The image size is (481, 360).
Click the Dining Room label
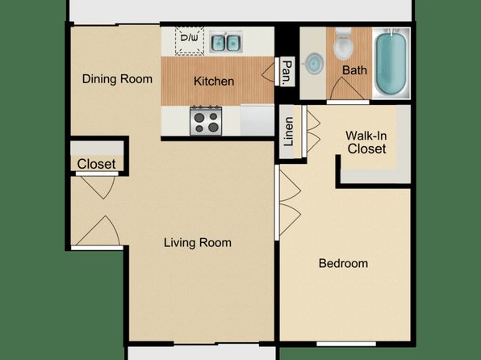pyautogui.click(x=117, y=79)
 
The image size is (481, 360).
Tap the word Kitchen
pyautogui.click(x=214, y=81)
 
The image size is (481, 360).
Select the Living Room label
pyautogui.click(x=198, y=242)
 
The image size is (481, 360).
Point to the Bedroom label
pyautogui.click(x=343, y=263)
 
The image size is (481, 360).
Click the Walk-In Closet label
pyautogui.click(x=366, y=142)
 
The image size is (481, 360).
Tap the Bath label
pyautogui.click(x=354, y=70)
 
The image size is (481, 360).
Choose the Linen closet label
pyautogui.click(x=289, y=132)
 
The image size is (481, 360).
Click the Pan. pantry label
pyautogui.click(x=287, y=73)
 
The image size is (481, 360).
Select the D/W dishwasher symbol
pyautogui.click(x=190, y=41)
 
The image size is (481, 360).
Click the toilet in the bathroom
pyautogui.click(x=343, y=44)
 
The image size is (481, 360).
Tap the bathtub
pyautogui.click(x=391, y=63)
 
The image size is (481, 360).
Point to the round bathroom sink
pyautogui.click(x=314, y=64)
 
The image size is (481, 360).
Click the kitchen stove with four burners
pyautogui.click(x=206, y=121)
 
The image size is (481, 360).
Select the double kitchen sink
pyautogui.click(x=226, y=42)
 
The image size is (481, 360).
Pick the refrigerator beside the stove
pyautogui.click(x=257, y=119)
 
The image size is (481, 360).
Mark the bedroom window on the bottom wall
pyautogui.click(x=346, y=344)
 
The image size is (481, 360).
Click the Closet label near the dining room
pyautogui.click(x=96, y=164)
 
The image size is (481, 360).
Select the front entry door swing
pyautogui.click(x=98, y=231)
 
